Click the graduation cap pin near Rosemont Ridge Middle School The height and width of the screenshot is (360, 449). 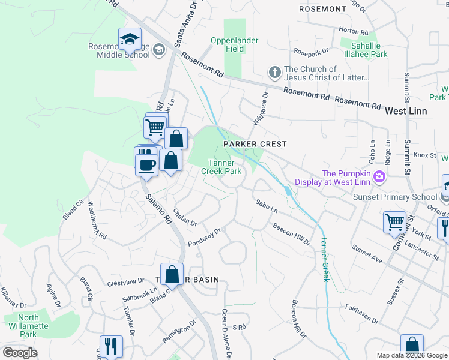[x=130, y=40]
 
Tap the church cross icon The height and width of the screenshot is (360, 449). [x=274, y=73]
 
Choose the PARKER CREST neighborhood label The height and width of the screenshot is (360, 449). [x=255, y=144]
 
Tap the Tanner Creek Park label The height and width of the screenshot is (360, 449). [x=224, y=167]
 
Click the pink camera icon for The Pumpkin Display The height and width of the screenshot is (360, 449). [x=379, y=177]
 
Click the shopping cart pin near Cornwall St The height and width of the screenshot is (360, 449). [x=394, y=221]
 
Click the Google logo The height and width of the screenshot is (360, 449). [x=20, y=352]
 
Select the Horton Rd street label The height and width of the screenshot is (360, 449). [x=353, y=31]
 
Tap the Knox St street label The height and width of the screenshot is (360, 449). [x=424, y=155]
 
